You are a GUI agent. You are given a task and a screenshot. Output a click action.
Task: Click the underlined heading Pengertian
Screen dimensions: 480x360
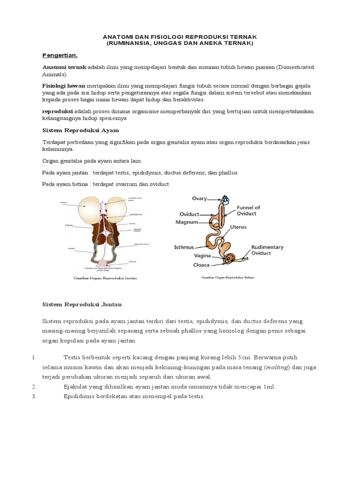click(60, 55)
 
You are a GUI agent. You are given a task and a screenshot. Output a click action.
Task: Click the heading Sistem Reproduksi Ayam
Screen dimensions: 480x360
click(81, 130)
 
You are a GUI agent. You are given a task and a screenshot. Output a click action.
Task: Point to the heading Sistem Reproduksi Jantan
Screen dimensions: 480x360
click(82, 304)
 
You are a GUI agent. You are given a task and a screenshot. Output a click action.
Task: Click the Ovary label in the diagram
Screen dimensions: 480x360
click(199, 198)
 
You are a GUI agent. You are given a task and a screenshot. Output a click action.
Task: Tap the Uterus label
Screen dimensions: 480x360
click(238, 227)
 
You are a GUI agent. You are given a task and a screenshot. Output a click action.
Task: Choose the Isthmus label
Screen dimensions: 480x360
click(184, 247)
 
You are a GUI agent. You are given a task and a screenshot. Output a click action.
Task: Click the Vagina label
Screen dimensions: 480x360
click(202, 256)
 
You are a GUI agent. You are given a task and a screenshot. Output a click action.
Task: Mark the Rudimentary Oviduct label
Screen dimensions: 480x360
click(267, 251)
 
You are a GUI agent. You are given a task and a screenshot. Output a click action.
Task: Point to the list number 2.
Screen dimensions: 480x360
click(34, 387)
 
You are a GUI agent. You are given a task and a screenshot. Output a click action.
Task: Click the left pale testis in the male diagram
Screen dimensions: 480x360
click(89, 208)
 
